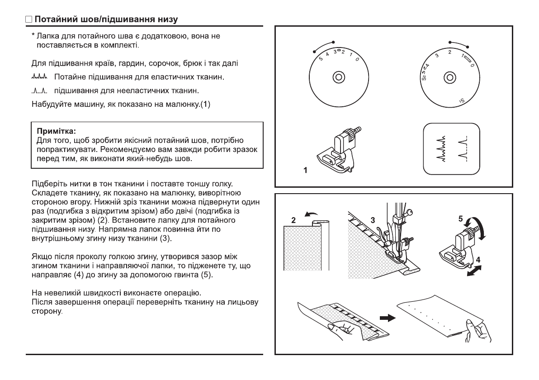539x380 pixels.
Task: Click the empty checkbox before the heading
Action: tap(29, 20)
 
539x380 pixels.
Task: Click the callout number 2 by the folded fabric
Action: tap(293, 221)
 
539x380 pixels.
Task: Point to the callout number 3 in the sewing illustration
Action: tap(373, 220)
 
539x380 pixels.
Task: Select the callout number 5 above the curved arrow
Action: tap(460, 218)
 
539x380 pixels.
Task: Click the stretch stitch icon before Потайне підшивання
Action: tap(40, 78)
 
